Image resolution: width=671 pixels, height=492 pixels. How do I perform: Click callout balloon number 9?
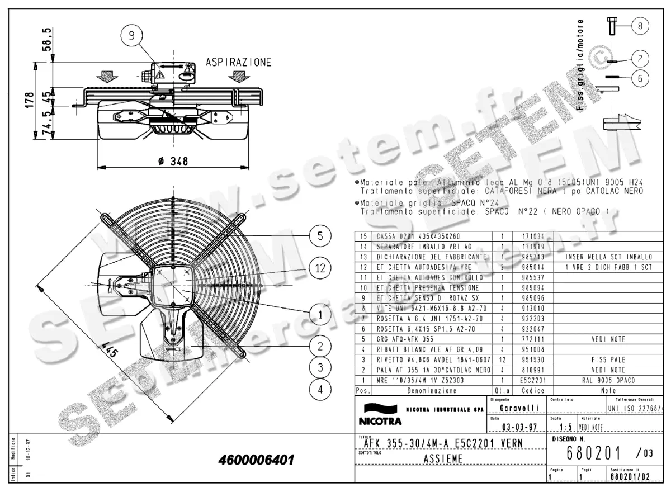coord(131,36)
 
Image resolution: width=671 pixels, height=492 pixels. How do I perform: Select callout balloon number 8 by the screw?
coord(640,25)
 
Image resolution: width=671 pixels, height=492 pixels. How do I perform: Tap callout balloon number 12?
coord(320,268)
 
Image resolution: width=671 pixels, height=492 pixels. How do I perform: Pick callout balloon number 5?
coord(320,236)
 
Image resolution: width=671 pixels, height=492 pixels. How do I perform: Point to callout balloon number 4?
coord(320,389)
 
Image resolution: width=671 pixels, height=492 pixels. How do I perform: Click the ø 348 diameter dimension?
coord(173,161)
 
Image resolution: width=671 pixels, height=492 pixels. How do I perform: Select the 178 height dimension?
coord(30,101)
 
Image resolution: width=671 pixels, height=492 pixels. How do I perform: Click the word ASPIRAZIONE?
coord(238,62)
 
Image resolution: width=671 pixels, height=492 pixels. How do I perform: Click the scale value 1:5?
coord(566,428)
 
